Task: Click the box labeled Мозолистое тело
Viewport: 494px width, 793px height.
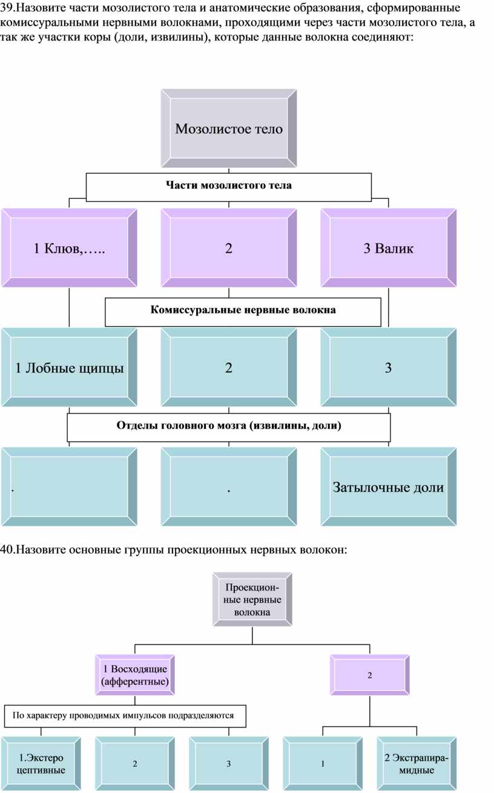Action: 229,129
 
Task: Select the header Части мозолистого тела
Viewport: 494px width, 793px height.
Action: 229,186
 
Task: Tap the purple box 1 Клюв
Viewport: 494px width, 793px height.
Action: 69,248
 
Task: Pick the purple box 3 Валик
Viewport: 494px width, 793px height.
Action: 389,248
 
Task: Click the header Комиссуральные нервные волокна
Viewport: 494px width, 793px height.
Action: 243,310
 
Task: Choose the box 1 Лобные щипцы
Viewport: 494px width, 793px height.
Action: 69,368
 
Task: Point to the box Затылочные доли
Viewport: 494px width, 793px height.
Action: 389,487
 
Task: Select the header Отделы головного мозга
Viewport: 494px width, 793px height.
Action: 229,426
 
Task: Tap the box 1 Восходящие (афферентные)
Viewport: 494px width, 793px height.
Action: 135,675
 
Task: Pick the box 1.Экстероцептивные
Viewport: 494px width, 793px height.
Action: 41,764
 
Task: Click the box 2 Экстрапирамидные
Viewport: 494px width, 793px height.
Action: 417,764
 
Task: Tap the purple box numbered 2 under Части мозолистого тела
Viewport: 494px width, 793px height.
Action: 229,248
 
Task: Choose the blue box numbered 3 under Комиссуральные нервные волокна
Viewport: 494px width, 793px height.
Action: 389,368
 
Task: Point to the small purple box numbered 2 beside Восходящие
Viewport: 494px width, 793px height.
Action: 370,675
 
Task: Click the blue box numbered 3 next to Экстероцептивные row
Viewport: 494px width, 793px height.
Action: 229,764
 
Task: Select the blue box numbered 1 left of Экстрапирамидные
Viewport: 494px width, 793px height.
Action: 323,764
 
